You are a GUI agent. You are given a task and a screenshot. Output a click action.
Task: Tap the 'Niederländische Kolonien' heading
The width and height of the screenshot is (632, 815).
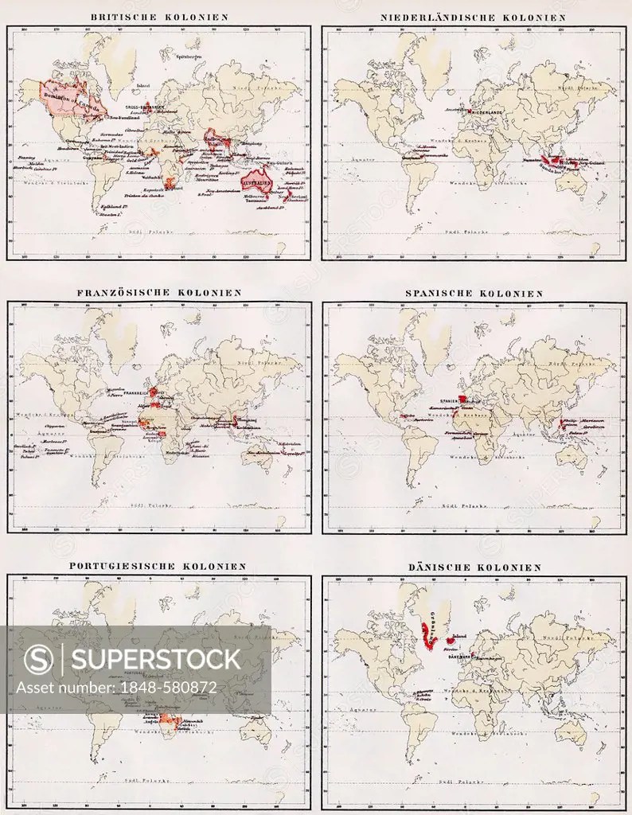coord(473,17)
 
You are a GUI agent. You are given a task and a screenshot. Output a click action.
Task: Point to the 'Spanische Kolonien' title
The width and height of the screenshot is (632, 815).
coord(473,293)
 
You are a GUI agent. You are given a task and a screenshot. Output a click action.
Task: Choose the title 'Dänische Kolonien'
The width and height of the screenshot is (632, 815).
coord(473,567)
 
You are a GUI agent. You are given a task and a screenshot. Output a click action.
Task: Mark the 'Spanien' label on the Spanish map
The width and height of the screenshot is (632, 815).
coord(451,400)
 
